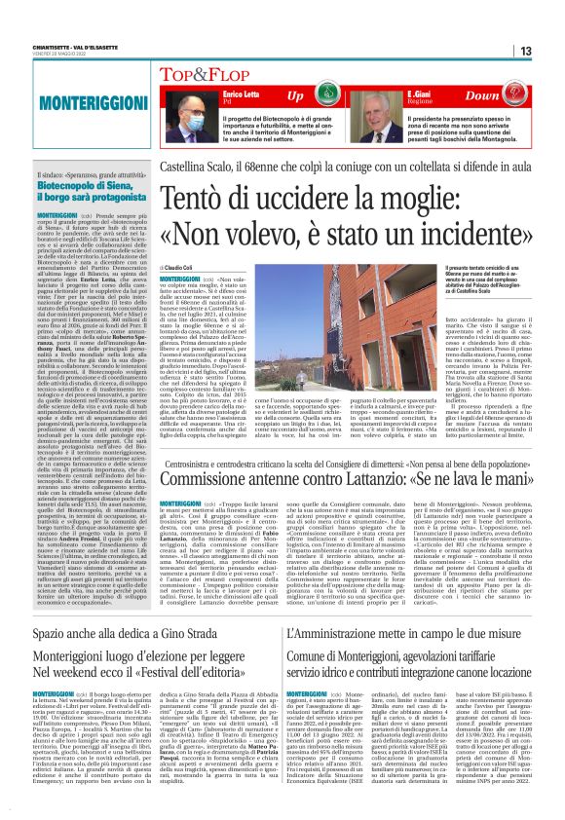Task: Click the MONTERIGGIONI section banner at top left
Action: coord(65,100)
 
